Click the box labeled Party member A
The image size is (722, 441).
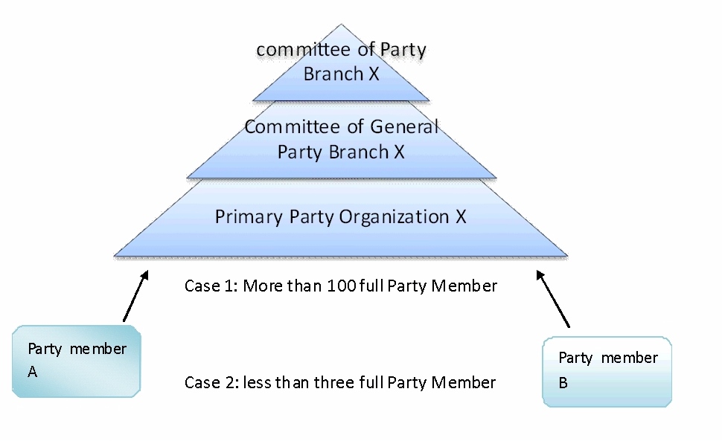tap(77, 361)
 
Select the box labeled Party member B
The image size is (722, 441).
tap(607, 371)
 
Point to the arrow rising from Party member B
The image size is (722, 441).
tap(553, 298)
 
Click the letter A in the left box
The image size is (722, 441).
tap(33, 373)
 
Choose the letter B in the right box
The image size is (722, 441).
tap(563, 383)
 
